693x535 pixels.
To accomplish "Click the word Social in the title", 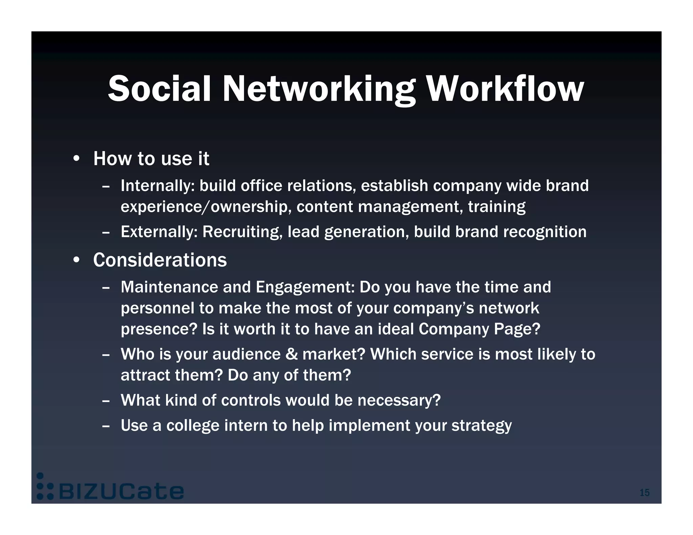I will (x=159, y=89).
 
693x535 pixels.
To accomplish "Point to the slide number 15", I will (x=644, y=492).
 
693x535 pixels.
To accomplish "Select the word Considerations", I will (x=160, y=260).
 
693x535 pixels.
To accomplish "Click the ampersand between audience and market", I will (x=291, y=354).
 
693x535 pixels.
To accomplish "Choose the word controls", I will (x=251, y=400).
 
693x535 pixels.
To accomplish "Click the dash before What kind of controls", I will (x=106, y=401).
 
